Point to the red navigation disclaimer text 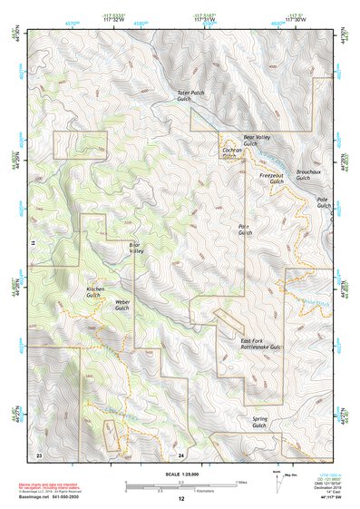pyautogui.click(x=58, y=486)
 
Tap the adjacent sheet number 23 pyautogui.click(x=38, y=453)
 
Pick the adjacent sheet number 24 pyautogui.click(x=181, y=454)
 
